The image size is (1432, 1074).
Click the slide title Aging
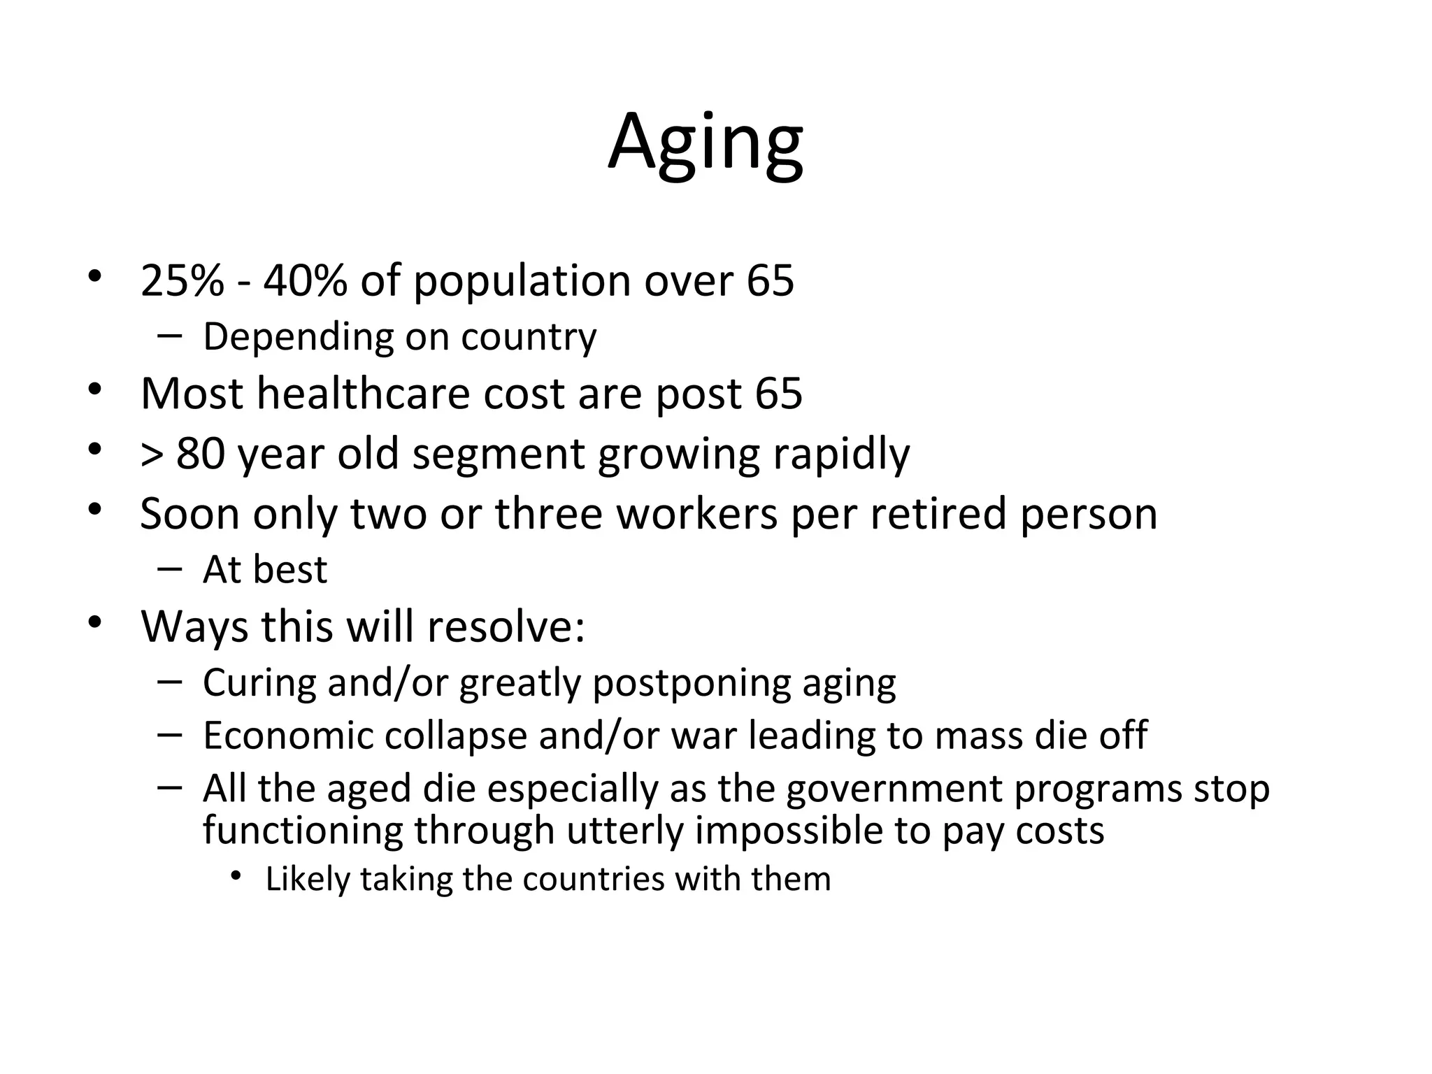705,143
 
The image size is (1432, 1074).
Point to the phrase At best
264,570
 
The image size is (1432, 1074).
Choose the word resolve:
506,626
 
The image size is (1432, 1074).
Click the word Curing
259,683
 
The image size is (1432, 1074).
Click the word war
703,736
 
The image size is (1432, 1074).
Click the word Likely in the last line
307,880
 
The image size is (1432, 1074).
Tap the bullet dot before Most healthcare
94,390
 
